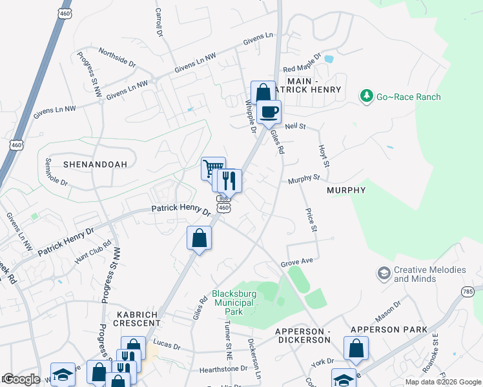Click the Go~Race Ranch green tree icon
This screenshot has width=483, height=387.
[x=367, y=96]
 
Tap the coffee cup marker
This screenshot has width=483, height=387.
[x=269, y=111]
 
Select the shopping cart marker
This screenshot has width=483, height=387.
[x=212, y=168]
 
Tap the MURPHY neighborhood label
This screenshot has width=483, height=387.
[x=346, y=190]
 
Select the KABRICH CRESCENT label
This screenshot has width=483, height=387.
[x=138, y=318]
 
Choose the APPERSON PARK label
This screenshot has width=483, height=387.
[x=389, y=330]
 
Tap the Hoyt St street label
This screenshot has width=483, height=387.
[x=324, y=156]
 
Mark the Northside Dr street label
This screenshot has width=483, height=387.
[x=117, y=57]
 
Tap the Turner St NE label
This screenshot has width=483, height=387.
[x=228, y=342]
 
